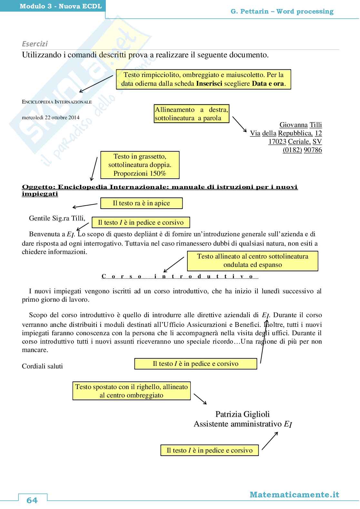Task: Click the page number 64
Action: (32, 500)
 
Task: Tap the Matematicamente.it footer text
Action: (294, 495)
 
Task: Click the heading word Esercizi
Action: (35, 44)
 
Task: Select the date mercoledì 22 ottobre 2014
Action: (51, 117)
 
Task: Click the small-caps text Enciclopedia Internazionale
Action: (57, 102)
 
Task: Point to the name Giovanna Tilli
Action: (300, 125)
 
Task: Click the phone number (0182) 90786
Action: (302, 150)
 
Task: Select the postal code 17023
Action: (277, 142)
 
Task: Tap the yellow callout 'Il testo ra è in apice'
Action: (141, 203)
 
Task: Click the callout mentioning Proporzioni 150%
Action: (140, 165)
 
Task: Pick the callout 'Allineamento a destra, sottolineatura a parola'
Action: (191, 114)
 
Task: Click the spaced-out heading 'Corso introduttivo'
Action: (180, 276)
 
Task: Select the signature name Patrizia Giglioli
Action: (242, 414)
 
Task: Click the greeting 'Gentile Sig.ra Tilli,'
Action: (57, 218)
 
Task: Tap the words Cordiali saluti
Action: (42, 366)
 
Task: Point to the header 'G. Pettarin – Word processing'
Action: (282, 12)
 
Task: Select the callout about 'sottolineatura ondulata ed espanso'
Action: (252, 260)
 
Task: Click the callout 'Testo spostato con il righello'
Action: (131, 391)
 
